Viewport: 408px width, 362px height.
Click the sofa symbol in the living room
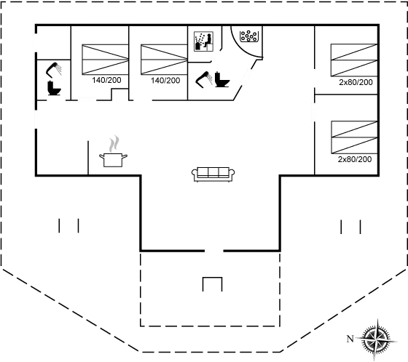(x=213, y=174)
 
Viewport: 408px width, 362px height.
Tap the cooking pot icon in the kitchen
(x=113, y=160)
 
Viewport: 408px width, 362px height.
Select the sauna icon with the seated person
(x=203, y=41)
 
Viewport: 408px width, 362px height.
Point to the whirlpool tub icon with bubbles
(x=248, y=36)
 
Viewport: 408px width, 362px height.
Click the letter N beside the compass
(x=350, y=339)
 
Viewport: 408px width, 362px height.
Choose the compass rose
(x=377, y=339)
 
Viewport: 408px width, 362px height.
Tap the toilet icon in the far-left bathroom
(x=54, y=88)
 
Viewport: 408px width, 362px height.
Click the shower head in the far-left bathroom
(x=54, y=70)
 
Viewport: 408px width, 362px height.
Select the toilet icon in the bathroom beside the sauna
(x=222, y=79)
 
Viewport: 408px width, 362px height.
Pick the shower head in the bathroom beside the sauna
(x=204, y=79)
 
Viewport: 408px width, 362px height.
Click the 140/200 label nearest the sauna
(x=165, y=81)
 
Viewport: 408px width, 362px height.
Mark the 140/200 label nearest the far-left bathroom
(x=106, y=80)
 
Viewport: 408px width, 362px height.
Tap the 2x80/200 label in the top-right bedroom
(x=356, y=82)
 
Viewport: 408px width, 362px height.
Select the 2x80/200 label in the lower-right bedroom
(x=355, y=159)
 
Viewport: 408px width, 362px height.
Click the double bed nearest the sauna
(x=164, y=60)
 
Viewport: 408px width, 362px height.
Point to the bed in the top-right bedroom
(x=354, y=60)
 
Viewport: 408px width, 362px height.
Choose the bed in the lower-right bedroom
(x=354, y=137)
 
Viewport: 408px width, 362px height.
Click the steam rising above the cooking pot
(x=114, y=144)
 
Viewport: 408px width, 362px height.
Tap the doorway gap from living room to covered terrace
(x=214, y=251)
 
